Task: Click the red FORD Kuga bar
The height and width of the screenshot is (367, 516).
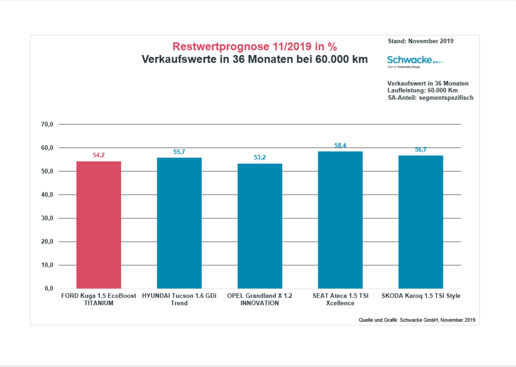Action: [x=99, y=225]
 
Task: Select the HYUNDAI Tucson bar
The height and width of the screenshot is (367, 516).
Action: [x=179, y=223]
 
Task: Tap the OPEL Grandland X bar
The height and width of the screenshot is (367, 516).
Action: [x=260, y=226]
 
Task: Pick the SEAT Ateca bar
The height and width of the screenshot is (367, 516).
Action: [x=340, y=220]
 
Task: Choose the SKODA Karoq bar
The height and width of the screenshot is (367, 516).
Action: [x=421, y=222]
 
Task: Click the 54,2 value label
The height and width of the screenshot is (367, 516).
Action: [x=99, y=155]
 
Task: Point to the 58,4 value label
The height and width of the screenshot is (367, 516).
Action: [x=340, y=145]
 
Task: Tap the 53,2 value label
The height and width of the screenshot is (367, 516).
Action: [x=260, y=158]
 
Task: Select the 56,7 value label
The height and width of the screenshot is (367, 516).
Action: [x=421, y=149]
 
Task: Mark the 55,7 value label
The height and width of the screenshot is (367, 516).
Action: [x=179, y=152]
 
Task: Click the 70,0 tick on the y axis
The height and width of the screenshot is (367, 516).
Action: [x=48, y=124]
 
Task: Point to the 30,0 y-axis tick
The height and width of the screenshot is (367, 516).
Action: [x=48, y=218]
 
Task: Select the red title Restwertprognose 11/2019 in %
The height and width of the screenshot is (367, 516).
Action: [x=255, y=46]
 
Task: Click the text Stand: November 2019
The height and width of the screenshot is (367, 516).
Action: [x=421, y=41]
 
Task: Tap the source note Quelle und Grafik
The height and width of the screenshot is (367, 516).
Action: [x=417, y=320]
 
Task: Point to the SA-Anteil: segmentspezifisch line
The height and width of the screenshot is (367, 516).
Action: [x=430, y=97]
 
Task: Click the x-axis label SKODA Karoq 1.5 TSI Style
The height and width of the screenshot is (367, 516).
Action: [x=421, y=296]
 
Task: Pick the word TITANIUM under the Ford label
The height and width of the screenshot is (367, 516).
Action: [x=99, y=303]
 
